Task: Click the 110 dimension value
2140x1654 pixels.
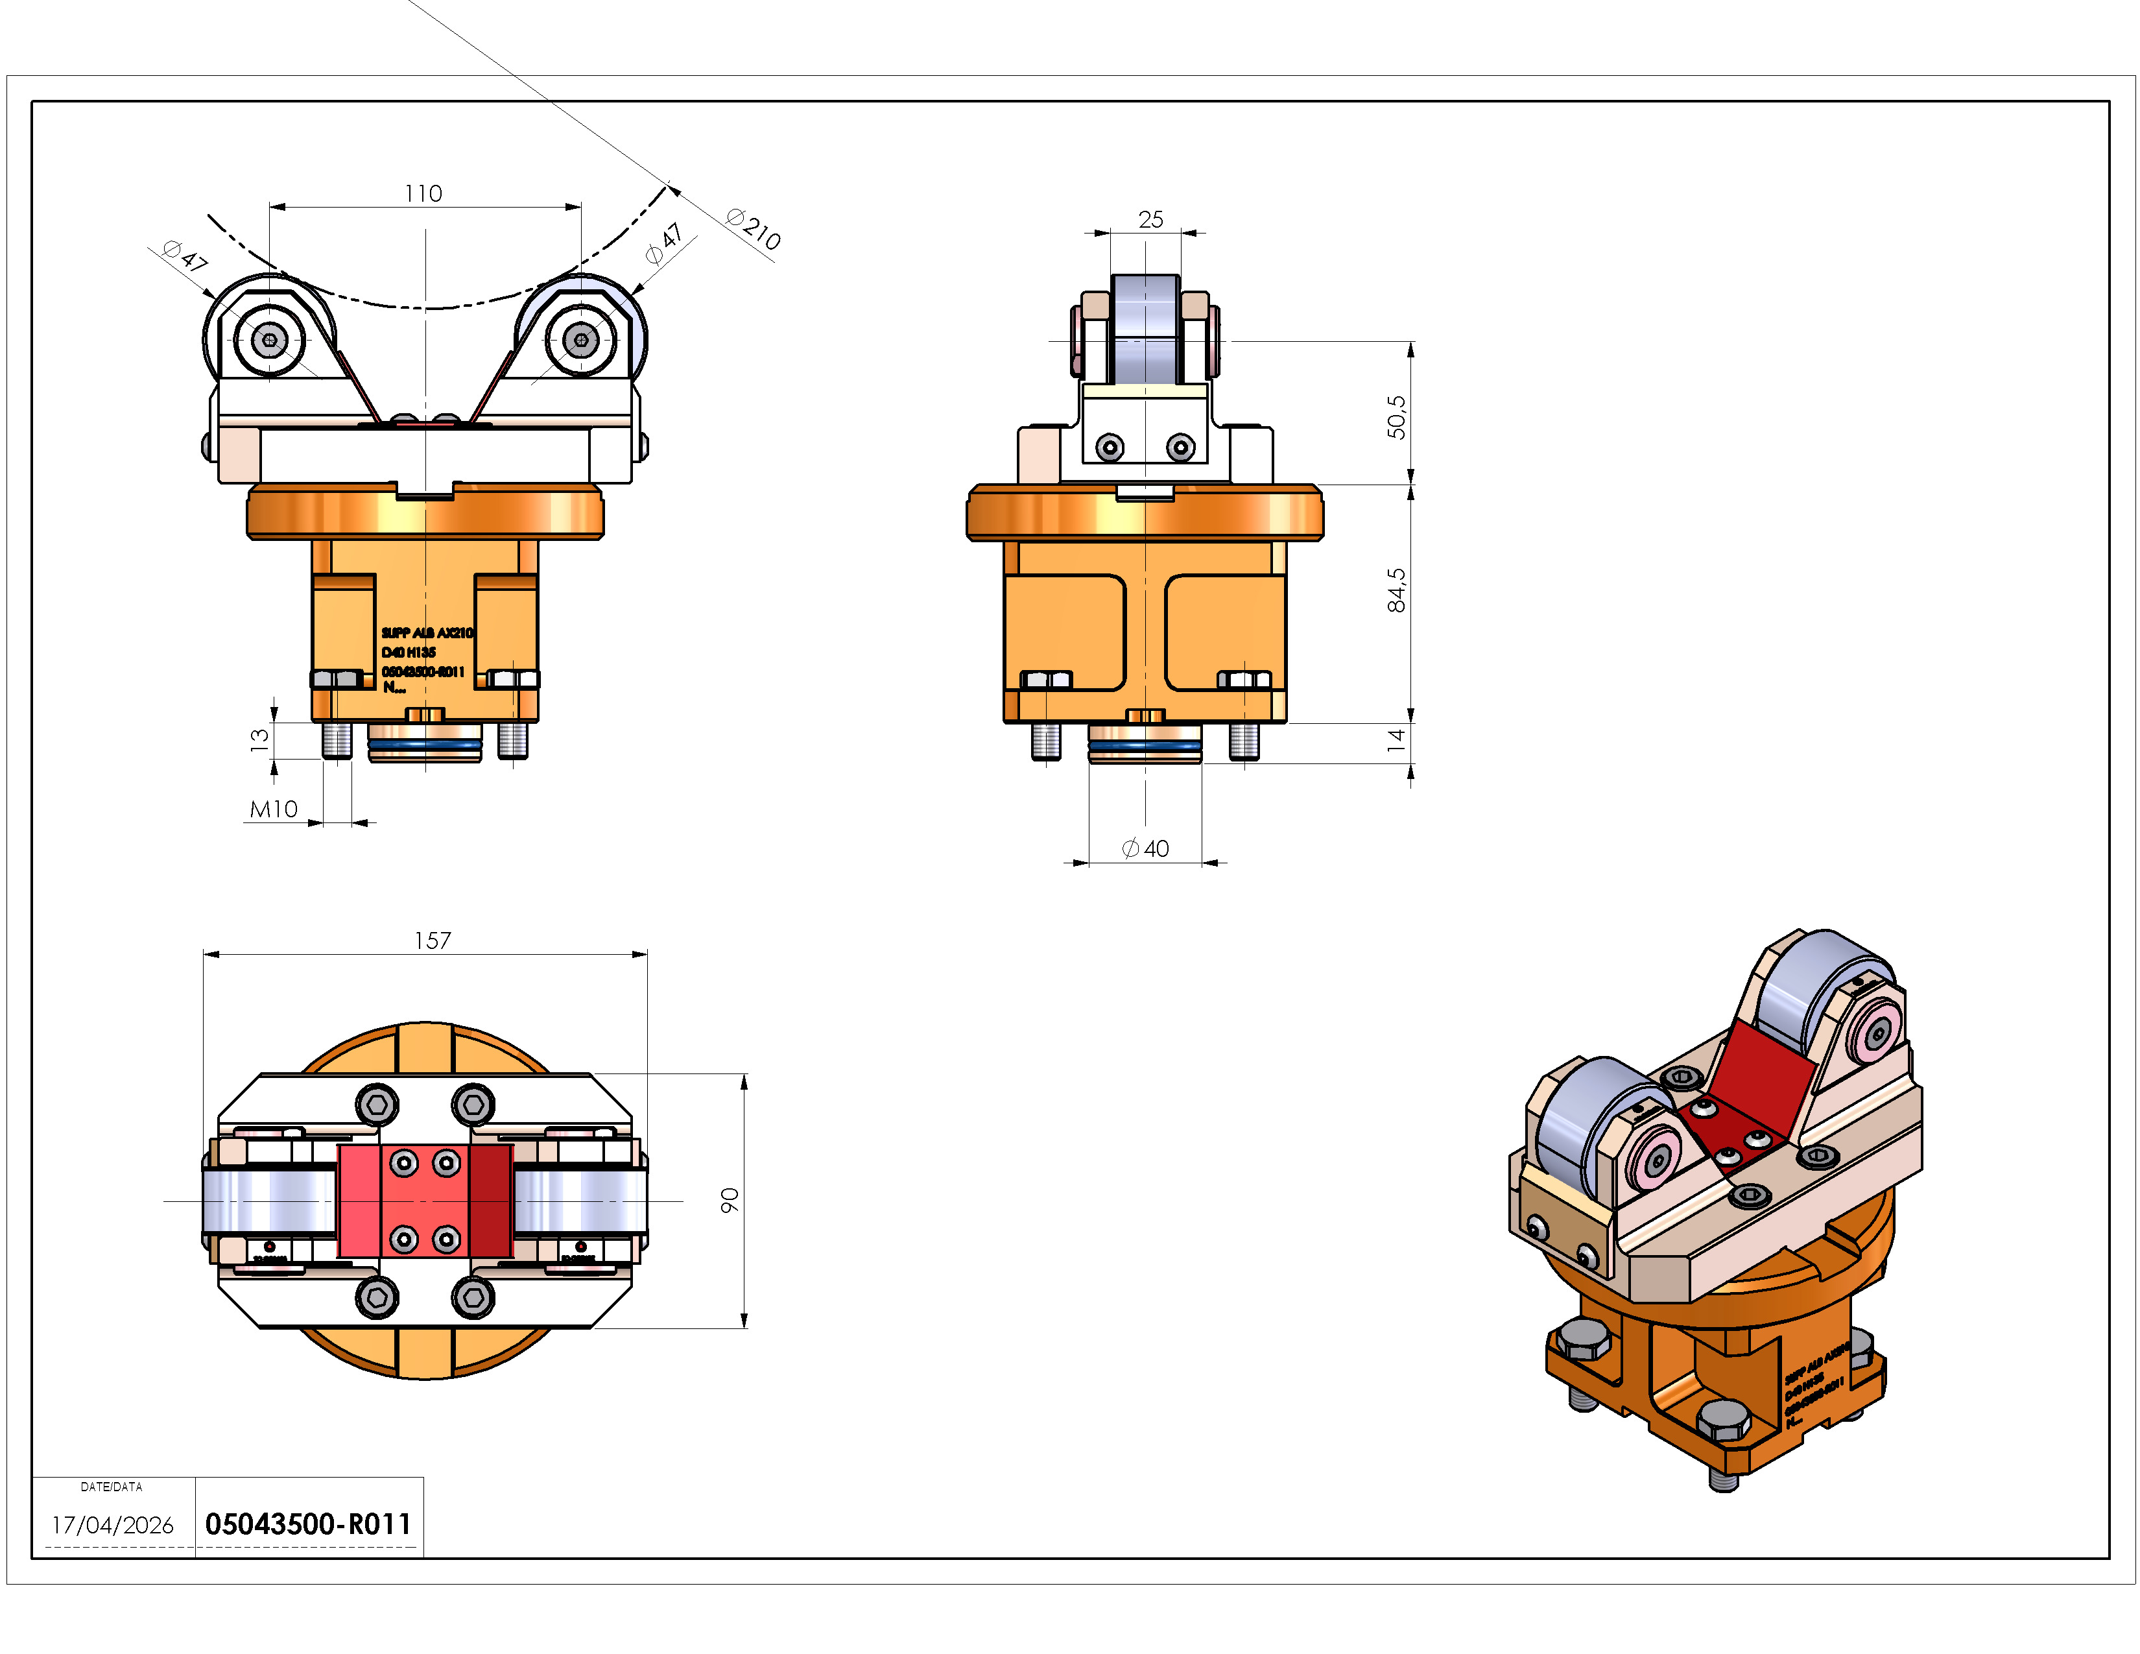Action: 423,193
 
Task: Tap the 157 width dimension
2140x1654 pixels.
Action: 432,941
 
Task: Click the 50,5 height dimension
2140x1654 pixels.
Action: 1396,416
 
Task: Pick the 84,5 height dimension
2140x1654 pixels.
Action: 1396,590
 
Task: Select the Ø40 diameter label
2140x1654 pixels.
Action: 1145,848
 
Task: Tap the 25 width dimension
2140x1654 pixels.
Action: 1151,219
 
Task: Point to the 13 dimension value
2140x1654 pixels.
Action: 259,740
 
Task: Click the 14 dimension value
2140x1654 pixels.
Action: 1396,741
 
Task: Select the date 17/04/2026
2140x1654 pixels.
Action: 113,1525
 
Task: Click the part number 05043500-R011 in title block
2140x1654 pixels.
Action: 307,1524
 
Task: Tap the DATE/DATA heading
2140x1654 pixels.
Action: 112,1487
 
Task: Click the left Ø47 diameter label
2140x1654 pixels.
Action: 185,257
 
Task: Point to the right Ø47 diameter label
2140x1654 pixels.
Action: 664,244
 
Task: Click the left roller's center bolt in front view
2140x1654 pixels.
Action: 270,340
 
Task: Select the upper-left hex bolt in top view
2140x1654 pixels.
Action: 377,1105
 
